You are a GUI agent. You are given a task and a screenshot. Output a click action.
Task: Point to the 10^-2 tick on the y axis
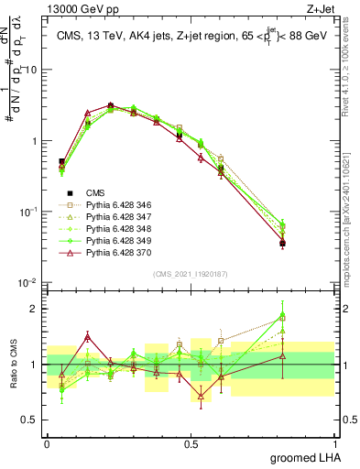pos(29,283)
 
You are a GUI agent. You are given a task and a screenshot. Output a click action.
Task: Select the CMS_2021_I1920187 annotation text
pos(191,274)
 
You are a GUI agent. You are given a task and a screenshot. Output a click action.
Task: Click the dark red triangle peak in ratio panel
pos(88,336)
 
